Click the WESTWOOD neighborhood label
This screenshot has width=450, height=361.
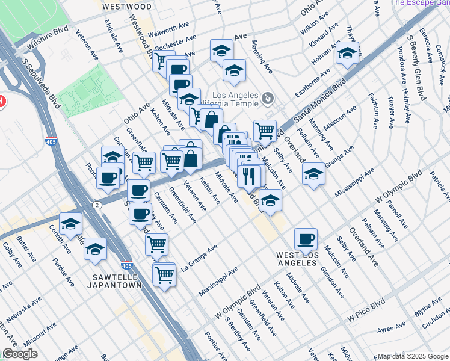(x=126, y=7)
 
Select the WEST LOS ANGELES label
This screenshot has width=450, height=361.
(x=304, y=259)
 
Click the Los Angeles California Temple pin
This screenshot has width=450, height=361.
(x=269, y=97)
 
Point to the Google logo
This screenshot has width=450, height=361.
(x=19, y=354)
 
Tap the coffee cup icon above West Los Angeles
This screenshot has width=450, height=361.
(x=306, y=238)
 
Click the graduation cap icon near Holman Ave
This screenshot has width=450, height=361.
(x=347, y=53)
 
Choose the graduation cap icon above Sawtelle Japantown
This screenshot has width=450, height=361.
(x=95, y=248)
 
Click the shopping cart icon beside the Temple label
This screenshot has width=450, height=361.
(x=264, y=129)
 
